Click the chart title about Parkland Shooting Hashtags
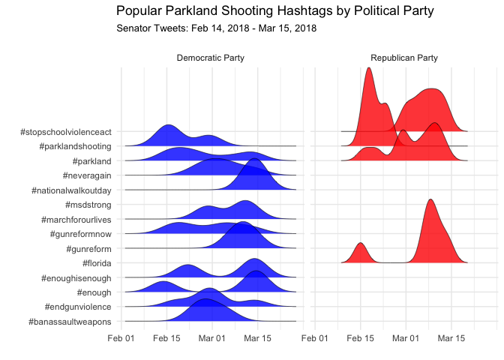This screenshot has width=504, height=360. coord(274,11)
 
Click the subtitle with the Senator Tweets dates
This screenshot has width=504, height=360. coord(216,28)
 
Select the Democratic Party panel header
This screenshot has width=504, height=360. coord(211,58)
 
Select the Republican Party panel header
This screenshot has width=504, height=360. coord(404,58)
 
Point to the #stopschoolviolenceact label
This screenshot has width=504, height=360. coord(66,132)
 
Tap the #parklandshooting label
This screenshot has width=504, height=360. coord(75,146)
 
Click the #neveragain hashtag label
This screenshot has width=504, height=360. coord(87,175)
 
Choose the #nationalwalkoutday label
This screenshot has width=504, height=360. coord(71,190)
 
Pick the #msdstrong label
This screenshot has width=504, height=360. coord(88,205)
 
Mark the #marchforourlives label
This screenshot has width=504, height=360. coord(76,220)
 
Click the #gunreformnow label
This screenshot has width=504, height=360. coord(81,234)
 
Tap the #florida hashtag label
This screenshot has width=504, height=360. coord(97,263)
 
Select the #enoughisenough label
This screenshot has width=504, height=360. coord(76,278)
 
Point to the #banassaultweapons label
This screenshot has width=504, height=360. coord(70,322)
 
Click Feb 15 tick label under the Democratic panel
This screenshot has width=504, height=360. coord(166,338)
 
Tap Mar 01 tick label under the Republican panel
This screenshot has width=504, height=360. coord(406,338)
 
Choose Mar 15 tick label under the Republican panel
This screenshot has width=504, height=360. coord(451,338)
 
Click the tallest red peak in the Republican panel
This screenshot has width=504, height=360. coord(369,68)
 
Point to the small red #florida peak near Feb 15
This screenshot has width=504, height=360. coord(361,243)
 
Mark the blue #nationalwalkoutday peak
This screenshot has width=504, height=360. coord(254,159)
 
